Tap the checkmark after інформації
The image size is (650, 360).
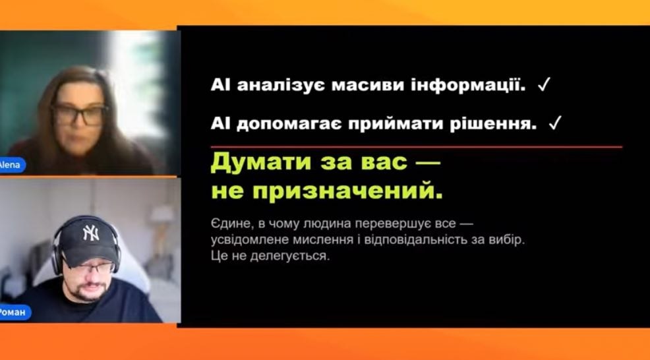pyautogui.click(x=543, y=85)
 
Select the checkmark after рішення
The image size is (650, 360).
pyautogui.click(x=554, y=123)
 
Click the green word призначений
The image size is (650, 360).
pyautogui.click(x=347, y=192)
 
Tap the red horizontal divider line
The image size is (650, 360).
pyautogui.click(x=416, y=147)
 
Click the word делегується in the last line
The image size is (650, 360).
pyautogui.click(x=290, y=256)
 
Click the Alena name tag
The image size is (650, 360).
pyautogui.click(x=11, y=165)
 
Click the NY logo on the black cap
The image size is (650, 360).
pyautogui.click(x=91, y=233)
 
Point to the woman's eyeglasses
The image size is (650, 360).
pyautogui.click(x=78, y=115)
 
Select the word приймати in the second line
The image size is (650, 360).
pyautogui.click(x=396, y=124)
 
